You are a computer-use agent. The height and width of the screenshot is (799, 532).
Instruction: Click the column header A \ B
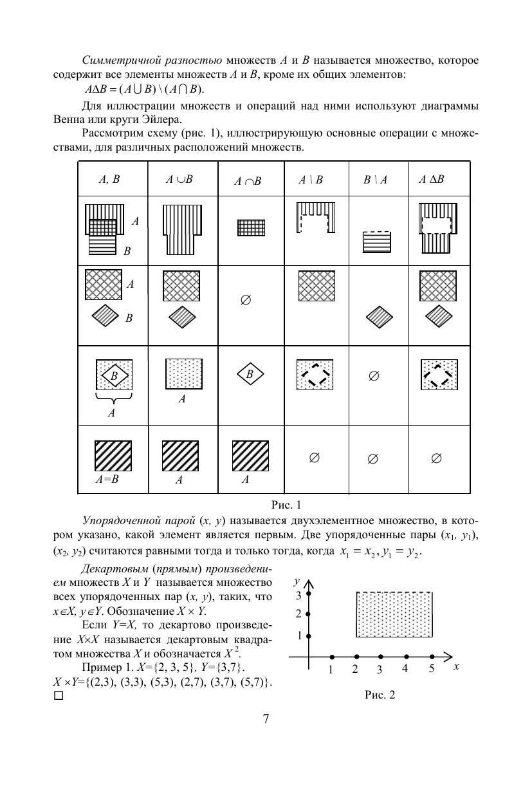(x=310, y=180)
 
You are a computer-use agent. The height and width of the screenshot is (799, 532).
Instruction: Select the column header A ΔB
(x=432, y=180)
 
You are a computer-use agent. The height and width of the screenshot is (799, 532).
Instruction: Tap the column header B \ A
(x=375, y=180)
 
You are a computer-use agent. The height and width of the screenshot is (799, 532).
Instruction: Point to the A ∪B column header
(x=179, y=180)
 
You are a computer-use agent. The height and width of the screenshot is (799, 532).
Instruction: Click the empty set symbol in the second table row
(x=245, y=301)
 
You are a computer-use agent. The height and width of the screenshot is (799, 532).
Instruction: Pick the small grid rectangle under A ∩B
(x=251, y=227)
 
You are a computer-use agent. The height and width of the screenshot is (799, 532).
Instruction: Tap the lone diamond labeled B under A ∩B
(x=250, y=374)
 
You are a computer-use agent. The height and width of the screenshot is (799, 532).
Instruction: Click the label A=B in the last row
(x=107, y=480)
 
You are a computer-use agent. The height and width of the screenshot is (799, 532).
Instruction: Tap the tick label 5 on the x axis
(x=432, y=669)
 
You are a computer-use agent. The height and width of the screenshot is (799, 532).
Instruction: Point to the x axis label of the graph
(x=455, y=667)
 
